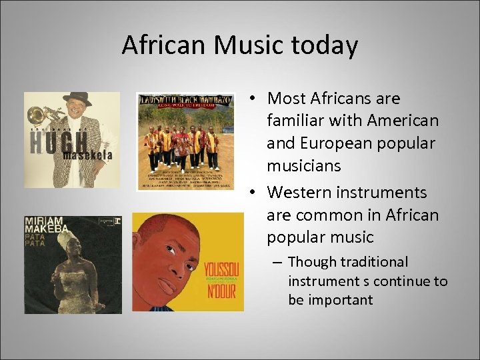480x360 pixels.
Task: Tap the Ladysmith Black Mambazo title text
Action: [x=185, y=100]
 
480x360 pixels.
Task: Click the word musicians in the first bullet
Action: [x=304, y=166]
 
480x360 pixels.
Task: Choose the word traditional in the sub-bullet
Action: [x=375, y=262]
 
